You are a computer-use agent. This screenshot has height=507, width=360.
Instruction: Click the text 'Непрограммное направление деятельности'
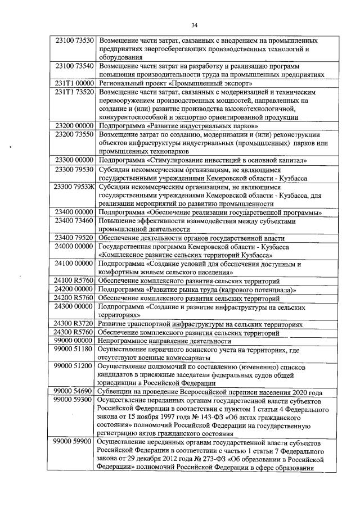coord(161,341)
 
